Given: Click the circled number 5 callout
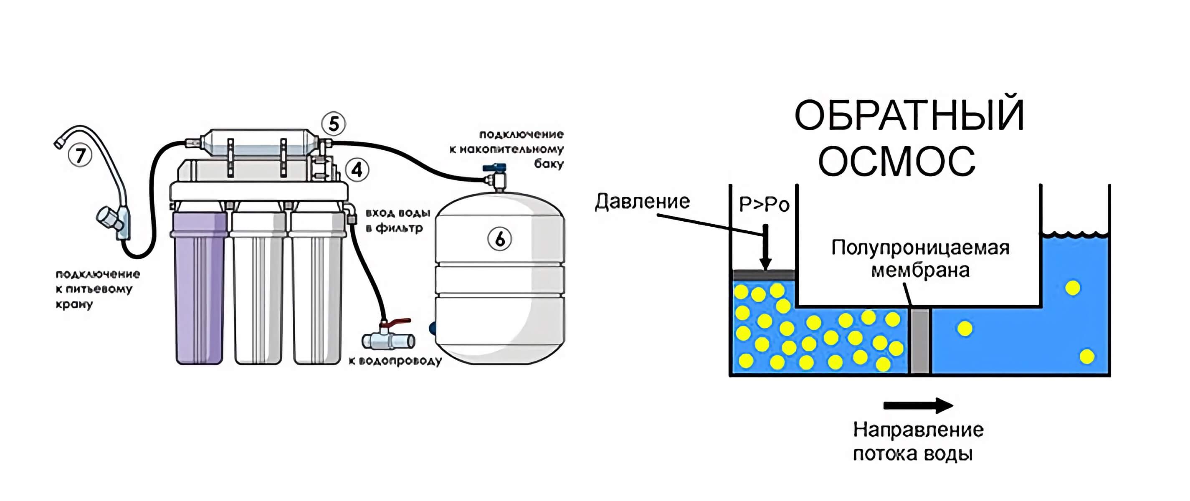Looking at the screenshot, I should click(x=334, y=124).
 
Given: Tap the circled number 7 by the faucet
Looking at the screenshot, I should click(x=81, y=156).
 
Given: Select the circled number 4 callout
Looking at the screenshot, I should click(x=357, y=170).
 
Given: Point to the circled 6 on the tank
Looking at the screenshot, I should click(x=499, y=239).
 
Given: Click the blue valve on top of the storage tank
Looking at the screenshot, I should click(x=495, y=169).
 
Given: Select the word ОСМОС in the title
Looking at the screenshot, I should click(x=896, y=161).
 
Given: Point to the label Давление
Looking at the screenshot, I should click(x=642, y=201).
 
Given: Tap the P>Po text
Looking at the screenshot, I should click(x=764, y=204).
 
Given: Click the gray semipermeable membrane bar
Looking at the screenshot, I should click(x=920, y=341).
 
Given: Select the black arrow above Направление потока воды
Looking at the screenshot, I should click(x=917, y=405).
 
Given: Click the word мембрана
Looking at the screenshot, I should click(x=920, y=271).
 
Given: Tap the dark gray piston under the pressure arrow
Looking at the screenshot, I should click(x=764, y=275).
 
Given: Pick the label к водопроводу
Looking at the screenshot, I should click(x=395, y=361).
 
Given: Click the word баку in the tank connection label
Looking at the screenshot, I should click(x=549, y=164).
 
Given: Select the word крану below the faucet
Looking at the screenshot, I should click(x=74, y=304).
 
